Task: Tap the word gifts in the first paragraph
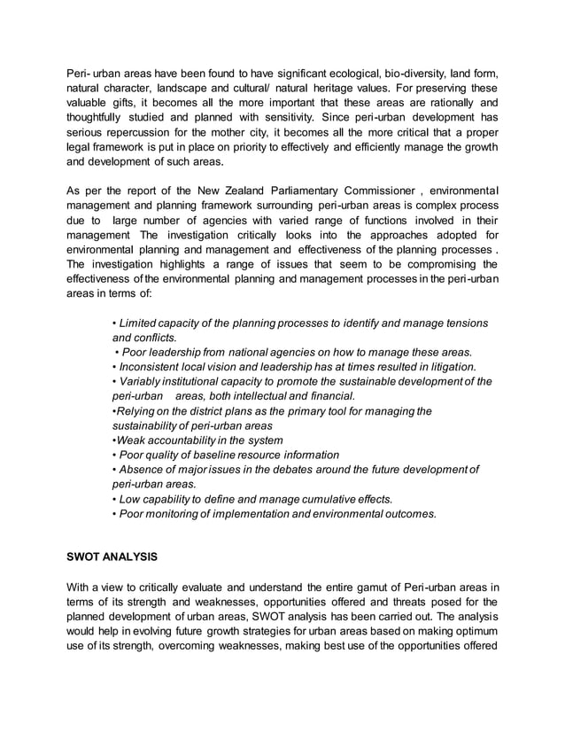click(x=132, y=103)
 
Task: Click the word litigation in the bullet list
click(x=450, y=367)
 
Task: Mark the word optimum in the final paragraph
click(x=475, y=630)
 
